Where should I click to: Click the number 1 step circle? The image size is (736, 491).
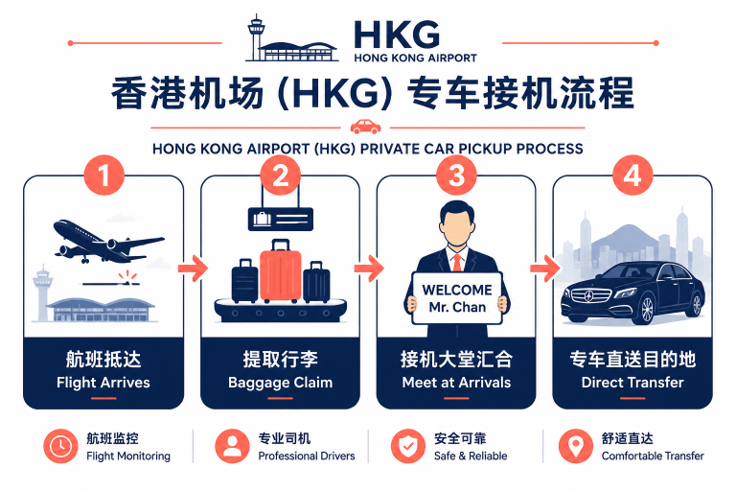tap(103, 175)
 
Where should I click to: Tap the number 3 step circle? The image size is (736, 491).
tap(456, 175)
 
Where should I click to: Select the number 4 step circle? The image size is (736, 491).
tap(632, 175)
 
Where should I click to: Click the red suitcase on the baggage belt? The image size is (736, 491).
tap(280, 270)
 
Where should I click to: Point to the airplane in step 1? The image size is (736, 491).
tap(109, 241)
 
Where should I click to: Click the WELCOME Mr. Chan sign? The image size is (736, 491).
tap(457, 298)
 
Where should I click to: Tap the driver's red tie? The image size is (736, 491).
tap(457, 262)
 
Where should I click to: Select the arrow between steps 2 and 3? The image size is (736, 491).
tap(368, 269)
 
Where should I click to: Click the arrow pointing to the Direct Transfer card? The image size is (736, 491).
tap(545, 269)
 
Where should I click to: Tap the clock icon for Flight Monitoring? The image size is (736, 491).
tap(60, 446)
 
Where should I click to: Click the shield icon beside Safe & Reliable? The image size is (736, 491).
tap(408, 446)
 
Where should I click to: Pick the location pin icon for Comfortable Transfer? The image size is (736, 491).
tap(575, 446)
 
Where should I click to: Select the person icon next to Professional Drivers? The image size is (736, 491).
tap(232, 446)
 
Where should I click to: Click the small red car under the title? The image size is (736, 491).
tap(366, 126)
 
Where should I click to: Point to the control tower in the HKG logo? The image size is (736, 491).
tap(256, 37)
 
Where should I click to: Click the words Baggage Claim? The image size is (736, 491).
tap(280, 383)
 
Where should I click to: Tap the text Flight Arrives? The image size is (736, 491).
tap(103, 383)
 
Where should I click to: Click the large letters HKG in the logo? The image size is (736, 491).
tap(397, 35)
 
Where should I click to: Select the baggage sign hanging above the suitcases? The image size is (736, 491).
tap(280, 219)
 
